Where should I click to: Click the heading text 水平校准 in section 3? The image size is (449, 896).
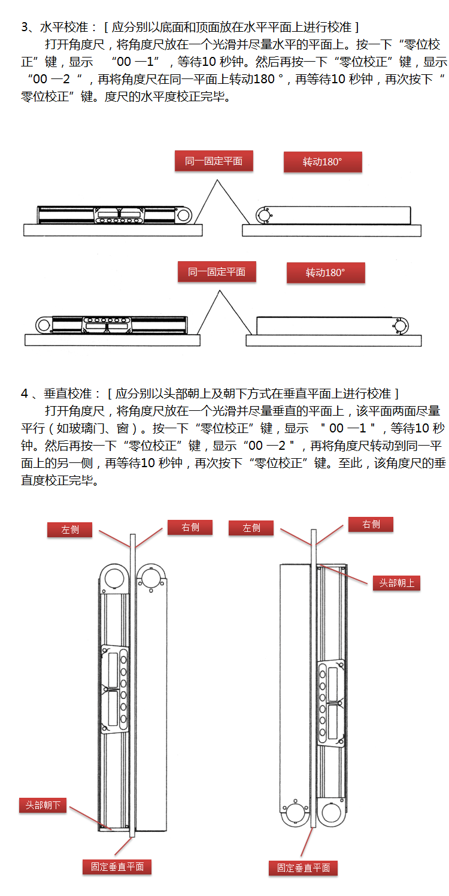click(x=65, y=28)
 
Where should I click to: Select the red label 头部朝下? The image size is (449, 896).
click(x=43, y=805)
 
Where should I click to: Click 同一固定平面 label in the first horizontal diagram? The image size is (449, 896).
click(x=213, y=161)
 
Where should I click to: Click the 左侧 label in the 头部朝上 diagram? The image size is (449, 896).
click(x=251, y=528)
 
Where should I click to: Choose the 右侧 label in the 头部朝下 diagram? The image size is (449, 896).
click(x=190, y=527)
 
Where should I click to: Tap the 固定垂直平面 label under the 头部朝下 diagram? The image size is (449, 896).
click(x=117, y=866)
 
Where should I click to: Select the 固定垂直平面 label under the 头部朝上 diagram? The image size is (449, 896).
click(x=303, y=867)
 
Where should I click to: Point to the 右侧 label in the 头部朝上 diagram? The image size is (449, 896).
click(x=371, y=524)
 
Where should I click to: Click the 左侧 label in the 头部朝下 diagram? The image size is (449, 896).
click(x=70, y=529)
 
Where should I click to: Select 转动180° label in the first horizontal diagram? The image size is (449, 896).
click(x=322, y=162)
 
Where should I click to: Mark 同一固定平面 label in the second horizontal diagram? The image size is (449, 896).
click(x=217, y=271)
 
